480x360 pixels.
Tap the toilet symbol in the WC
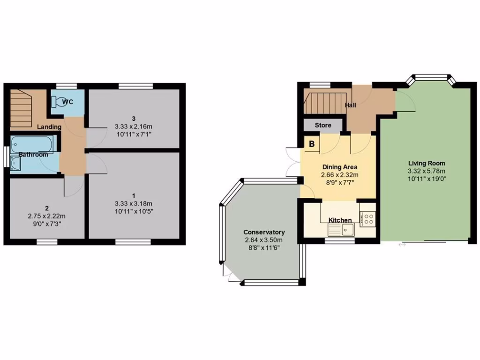coord(58,101)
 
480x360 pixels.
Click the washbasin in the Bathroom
coord(15,164)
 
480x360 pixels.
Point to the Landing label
coord(49,127)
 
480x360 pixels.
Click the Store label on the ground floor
coord(322,125)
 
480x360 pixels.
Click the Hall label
coord(351,105)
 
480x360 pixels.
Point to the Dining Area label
coord(339,167)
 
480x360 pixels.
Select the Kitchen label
coord(340,220)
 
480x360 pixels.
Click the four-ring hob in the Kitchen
coord(368,218)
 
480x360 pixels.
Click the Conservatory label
coord(264,232)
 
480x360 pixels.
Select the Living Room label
coord(427,163)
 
